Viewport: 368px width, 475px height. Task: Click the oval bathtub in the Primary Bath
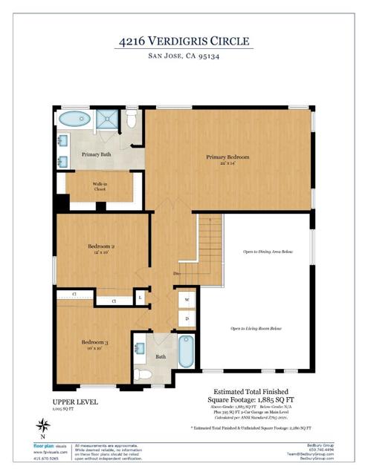[x=74, y=119]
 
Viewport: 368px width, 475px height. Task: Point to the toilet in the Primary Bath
[x=132, y=119]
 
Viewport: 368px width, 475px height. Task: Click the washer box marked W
[x=187, y=301]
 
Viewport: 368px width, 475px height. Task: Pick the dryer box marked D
[x=187, y=318]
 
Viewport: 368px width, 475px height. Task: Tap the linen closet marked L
[x=141, y=298]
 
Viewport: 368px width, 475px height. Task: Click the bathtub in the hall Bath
[x=186, y=352]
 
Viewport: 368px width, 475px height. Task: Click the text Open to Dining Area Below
[x=266, y=253]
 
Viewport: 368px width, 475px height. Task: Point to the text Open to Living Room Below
[x=256, y=328]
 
